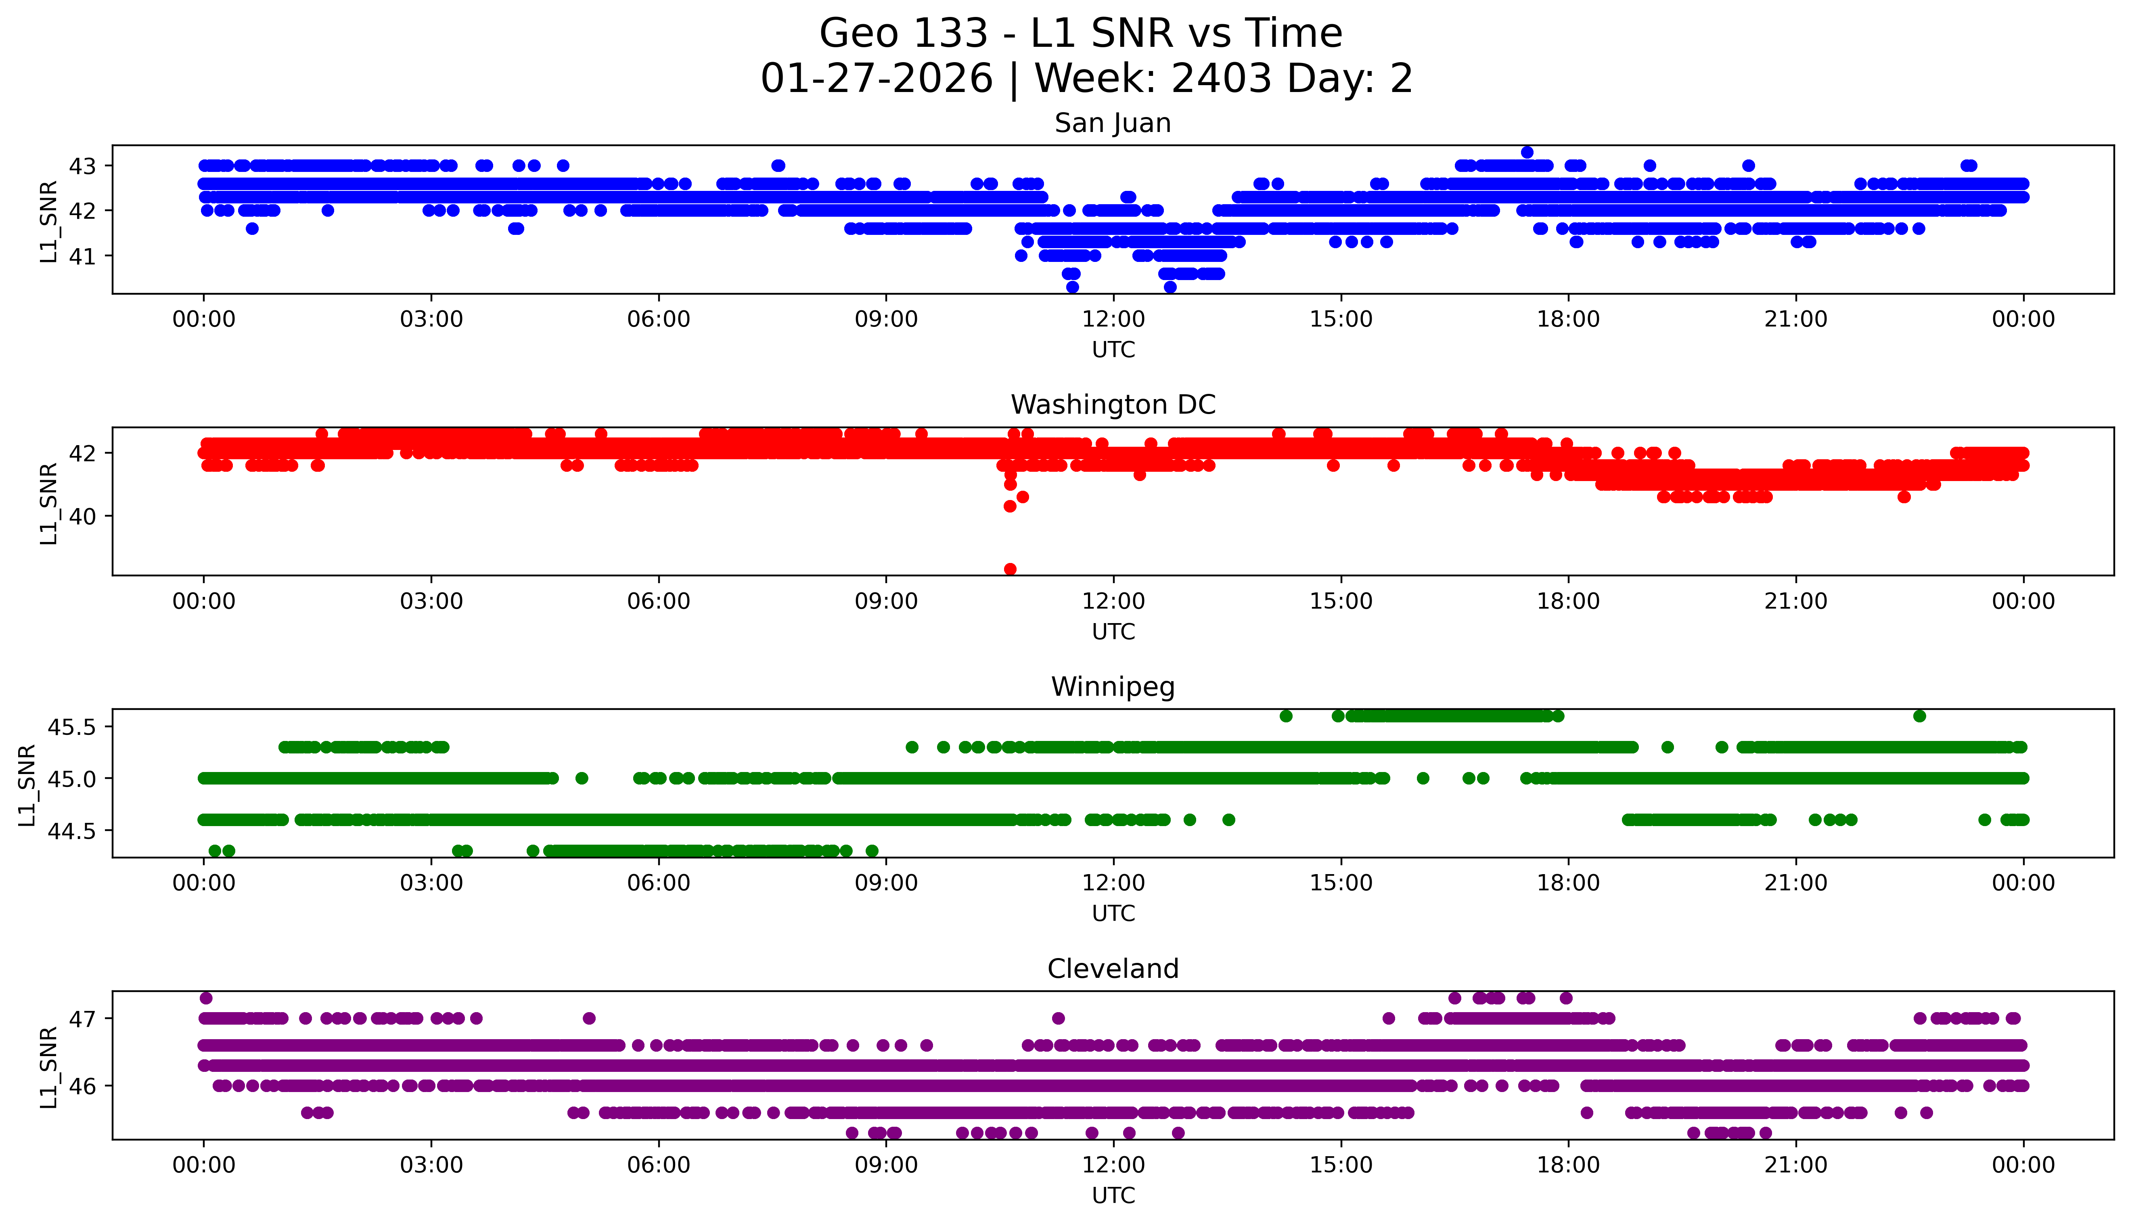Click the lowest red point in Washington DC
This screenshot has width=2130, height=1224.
1010,569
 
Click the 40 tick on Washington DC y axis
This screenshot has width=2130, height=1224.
82,516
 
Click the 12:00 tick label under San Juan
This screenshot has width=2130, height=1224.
1113,320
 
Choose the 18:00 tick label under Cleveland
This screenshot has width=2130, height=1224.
1568,1165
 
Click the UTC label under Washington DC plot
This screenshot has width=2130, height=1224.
1113,631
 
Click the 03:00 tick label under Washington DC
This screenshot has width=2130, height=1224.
431,601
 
